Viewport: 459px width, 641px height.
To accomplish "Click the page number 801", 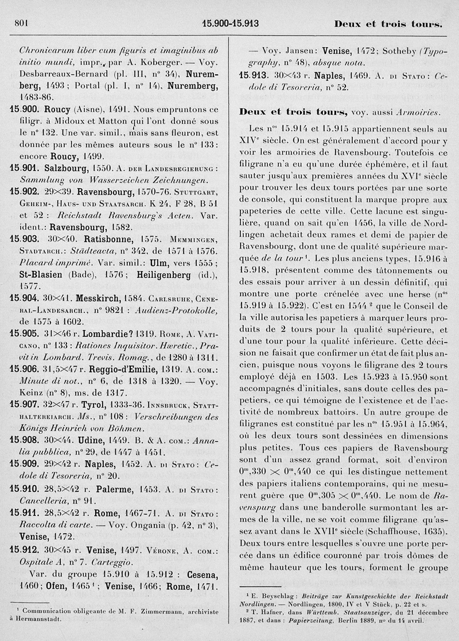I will point(20,24).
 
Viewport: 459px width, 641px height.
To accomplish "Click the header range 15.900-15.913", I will point(231,24).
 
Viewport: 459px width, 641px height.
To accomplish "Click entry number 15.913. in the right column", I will point(251,75).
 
